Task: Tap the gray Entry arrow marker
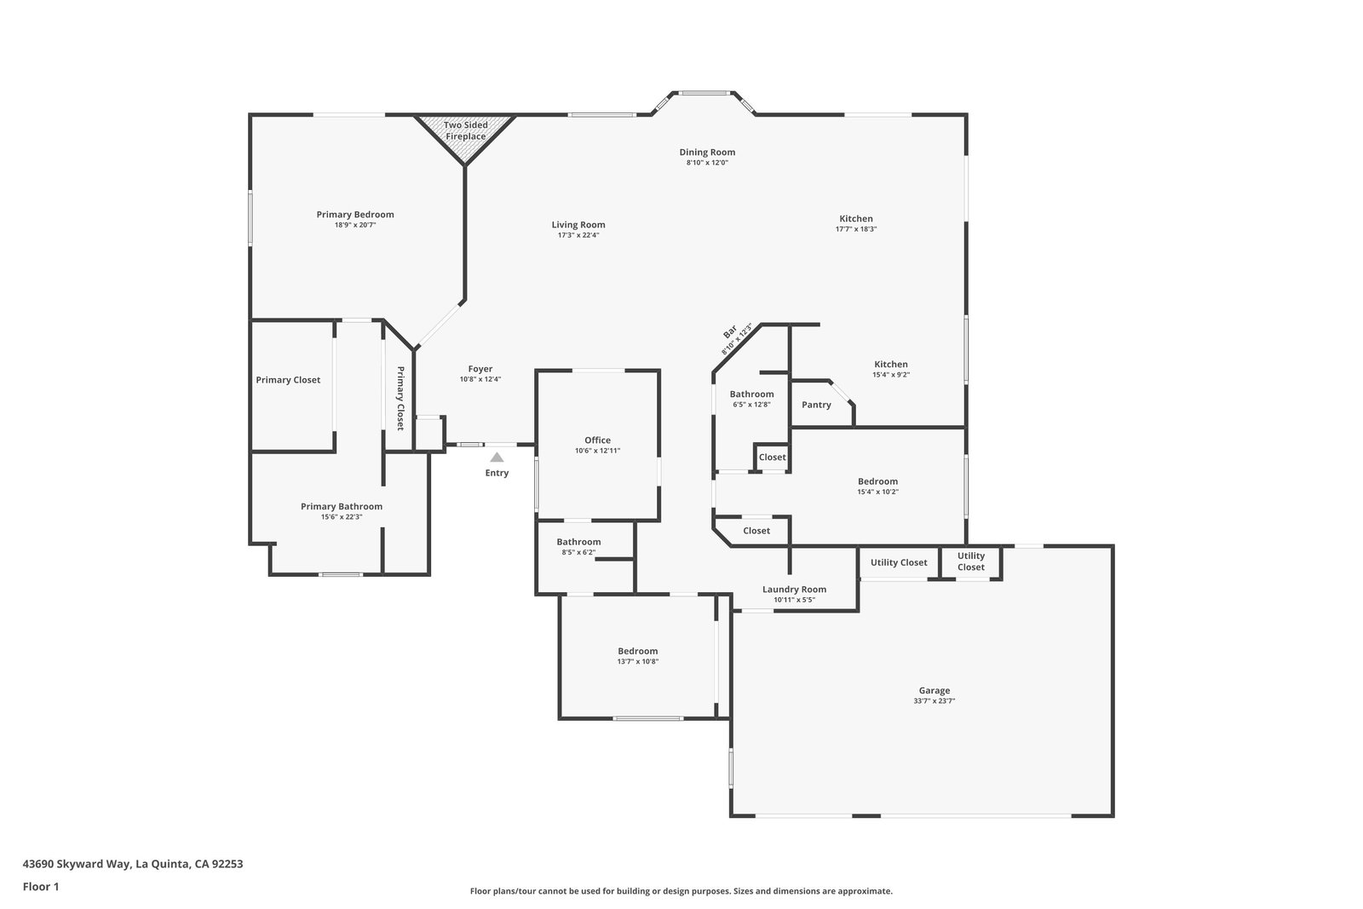[497, 457]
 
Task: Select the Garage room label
[934, 690]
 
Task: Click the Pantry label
[816, 405]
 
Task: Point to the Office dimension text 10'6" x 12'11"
[597, 451]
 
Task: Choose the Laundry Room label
[794, 589]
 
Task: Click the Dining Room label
[707, 152]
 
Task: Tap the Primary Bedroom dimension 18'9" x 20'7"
[355, 225]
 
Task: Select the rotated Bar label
[729, 332]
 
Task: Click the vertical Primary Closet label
[400, 398]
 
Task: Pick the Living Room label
[578, 225]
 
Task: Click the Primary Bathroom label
[342, 506]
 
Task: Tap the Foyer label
[480, 369]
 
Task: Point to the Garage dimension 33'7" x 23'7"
[934, 701]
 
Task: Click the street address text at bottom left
[133, 864]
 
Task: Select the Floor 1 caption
[41, 887]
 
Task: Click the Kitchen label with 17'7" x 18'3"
[856, 218]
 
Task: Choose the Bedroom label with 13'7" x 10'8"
[638, 650]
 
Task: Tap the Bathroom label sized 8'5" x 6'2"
[578, 542]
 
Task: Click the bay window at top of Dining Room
[704, 93]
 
